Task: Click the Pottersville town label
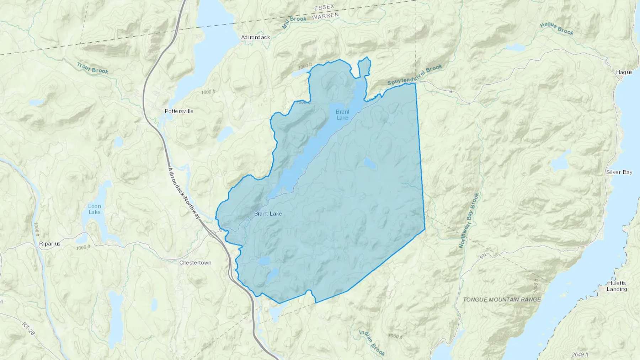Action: point(179,111)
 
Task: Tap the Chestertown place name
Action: point(195,263)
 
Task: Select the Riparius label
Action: point(50,244)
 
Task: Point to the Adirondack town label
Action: point(255,37)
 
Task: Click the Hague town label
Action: point(624,72)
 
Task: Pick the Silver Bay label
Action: point(619,172)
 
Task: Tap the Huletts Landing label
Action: point(617,286)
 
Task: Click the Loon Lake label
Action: point(95,209)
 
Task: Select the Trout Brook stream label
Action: point(92,68)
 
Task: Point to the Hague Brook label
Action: point(556,29)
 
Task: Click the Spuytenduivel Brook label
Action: point(415,75)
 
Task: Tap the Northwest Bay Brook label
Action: point(469,220)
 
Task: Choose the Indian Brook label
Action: point(372,343)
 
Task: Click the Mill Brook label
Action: point(294,22)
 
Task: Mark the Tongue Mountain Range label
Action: point(502,300)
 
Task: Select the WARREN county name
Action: point(325,16)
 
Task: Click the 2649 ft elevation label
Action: point(580,354)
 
